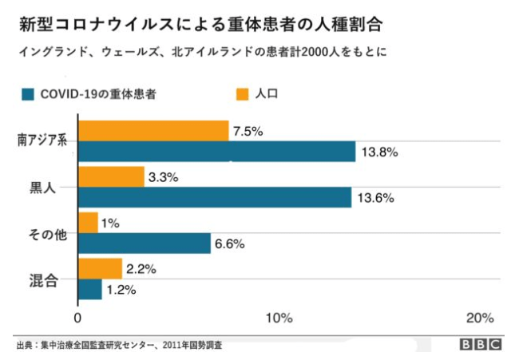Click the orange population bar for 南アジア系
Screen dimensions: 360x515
pos(153,130)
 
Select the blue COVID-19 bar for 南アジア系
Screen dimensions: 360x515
pos(216,151)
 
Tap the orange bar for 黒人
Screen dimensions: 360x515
pos(111,176)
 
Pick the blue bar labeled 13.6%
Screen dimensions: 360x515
pos(214,197)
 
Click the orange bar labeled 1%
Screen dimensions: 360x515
pos(88,222)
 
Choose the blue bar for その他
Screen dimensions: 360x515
pos(144,243)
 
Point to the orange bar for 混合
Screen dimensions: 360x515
pos(100,268)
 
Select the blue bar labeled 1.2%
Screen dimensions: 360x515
pos(89,289)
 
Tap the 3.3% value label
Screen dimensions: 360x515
pos(163,177)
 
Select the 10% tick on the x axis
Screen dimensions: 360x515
pos(277,318)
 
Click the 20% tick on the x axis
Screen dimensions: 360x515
pos(479,318)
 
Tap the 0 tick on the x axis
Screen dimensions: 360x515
pos(77,318)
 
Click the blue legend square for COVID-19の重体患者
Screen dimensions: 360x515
pos(29,95)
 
